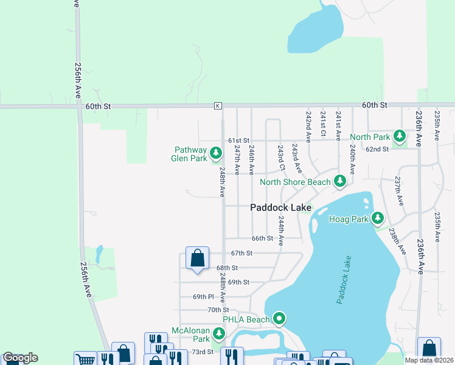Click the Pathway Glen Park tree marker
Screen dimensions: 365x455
[x=215, y=152]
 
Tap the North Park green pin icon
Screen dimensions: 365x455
[x=399, y=135]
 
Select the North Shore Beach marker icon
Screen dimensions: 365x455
[x=339, y=181]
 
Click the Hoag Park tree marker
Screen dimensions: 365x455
[x=378, y=217]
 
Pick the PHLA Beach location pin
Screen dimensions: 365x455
[x=279, y=318]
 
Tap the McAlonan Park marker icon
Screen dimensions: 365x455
[x=218, y=333]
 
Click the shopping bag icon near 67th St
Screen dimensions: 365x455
[x=198, y=258]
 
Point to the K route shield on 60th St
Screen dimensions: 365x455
[x=217, y=106]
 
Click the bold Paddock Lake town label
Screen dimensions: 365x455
[x=281, y=207]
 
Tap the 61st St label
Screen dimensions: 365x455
[x=239, y=141]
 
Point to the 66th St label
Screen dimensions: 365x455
[x=262, y=238]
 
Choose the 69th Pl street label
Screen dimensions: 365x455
[x=203, y=297]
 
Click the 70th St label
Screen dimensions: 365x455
[x=217, y=310]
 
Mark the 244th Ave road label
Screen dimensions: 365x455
[x=281, y=231]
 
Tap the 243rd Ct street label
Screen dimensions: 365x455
[x=280, y=157]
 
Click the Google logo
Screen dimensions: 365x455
[x=20, y=358]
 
